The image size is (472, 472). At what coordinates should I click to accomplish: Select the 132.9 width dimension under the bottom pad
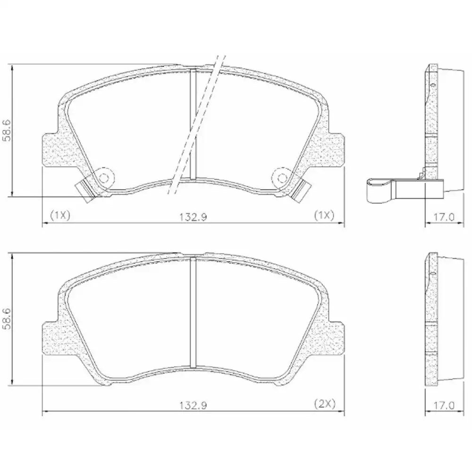click(194, 405)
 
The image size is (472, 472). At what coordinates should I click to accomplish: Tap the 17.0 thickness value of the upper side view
click(443, 217)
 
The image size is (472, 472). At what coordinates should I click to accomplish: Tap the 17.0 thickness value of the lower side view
click(443, 405)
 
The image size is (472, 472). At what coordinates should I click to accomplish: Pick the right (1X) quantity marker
click(324, 215)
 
